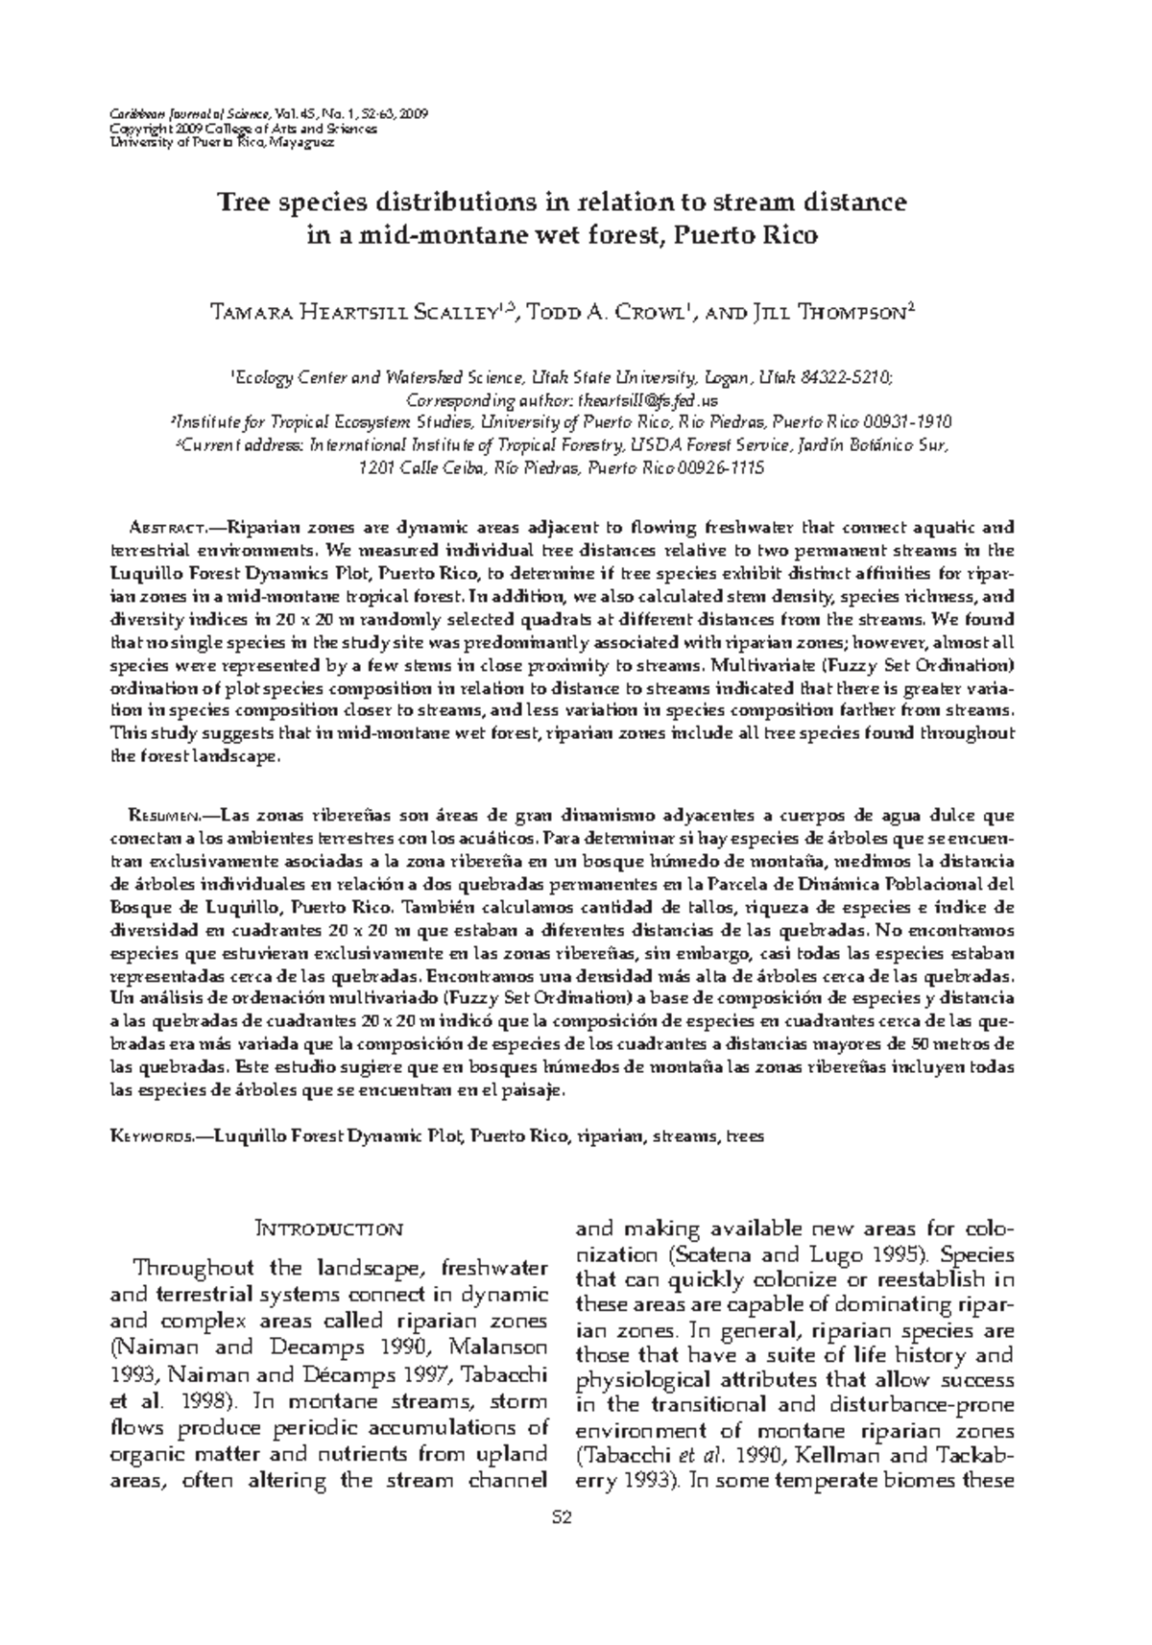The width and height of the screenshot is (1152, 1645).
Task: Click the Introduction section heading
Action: [x=328, y=1228]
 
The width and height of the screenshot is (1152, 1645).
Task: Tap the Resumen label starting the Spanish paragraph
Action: [x=162, y=816]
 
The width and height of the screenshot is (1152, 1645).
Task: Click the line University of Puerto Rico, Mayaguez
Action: [x=222, y=141]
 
